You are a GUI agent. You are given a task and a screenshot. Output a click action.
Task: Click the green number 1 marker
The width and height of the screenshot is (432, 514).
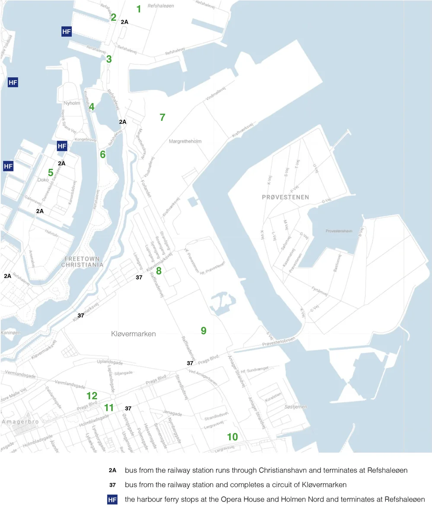[139, 9]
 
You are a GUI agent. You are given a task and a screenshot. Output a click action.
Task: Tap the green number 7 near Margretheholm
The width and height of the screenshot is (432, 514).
[162, 117]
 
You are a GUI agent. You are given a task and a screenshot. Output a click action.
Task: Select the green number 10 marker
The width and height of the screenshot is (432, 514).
[232, 437]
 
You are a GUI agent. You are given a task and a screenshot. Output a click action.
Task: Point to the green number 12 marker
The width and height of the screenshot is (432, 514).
[92, 396]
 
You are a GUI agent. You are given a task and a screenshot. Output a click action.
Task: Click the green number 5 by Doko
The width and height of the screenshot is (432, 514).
[51, 173]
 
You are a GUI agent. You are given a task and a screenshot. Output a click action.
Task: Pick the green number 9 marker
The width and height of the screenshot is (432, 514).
[203, 331]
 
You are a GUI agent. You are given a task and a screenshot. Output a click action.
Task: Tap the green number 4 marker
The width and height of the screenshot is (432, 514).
[92, 107]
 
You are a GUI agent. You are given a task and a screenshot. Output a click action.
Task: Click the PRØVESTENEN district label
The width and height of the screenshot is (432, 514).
[286, 197]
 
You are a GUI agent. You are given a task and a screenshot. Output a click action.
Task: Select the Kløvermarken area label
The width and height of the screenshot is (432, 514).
[133, 334]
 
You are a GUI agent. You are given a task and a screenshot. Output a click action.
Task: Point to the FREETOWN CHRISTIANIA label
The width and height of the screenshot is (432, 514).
[83, 262]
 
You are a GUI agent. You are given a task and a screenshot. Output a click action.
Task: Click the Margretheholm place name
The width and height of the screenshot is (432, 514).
[185, 141]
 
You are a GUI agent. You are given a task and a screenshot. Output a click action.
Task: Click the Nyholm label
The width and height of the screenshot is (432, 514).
[72, 103]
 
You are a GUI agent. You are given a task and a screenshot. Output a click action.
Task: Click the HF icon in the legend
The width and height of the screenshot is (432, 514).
[112, 500]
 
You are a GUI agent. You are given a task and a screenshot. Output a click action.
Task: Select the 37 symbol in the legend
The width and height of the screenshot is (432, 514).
[112, 485]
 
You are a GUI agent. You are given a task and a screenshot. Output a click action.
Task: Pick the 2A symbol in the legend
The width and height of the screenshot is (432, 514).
[112, 470]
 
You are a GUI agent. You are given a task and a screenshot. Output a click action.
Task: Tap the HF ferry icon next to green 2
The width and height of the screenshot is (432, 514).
[66, 32]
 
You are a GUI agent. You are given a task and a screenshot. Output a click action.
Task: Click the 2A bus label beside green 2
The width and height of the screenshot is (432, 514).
[124, 22]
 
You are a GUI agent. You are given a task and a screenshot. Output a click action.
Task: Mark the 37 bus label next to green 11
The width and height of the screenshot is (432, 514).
[128, 408]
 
